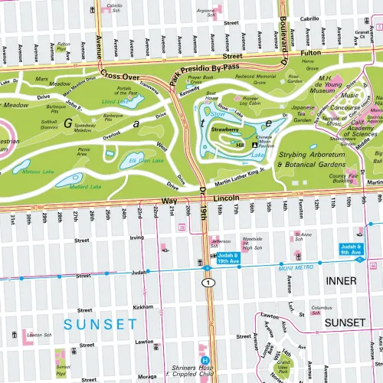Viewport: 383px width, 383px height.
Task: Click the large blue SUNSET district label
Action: point(100,325)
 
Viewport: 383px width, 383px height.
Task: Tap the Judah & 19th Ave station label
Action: point(228,257)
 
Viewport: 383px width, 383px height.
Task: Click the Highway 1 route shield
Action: point(207,283)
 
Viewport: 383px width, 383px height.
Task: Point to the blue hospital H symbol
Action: point(205,361)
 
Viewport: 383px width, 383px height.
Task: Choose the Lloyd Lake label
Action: point(115,100)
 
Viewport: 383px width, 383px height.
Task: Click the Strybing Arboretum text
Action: point(313,155)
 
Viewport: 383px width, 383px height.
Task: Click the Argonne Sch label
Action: point(205,11)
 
